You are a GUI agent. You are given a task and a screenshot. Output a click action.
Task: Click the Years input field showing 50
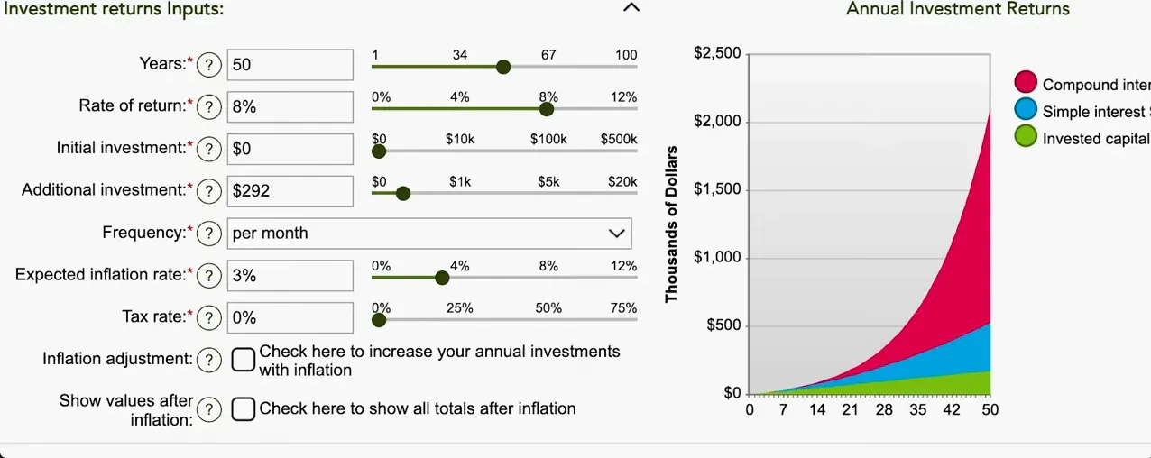(290, 65)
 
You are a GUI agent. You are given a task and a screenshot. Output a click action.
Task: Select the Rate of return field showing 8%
(290, 106)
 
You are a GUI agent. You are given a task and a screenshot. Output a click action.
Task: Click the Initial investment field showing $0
(290, 149)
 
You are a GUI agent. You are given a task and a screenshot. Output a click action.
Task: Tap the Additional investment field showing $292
(290, 190)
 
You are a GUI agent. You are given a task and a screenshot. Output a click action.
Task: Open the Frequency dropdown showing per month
(429, 233)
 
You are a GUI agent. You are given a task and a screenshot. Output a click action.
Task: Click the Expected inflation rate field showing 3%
(290, 275)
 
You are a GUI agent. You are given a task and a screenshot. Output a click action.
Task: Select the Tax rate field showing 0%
(290, 317)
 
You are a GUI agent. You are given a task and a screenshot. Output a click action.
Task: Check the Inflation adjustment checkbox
(244, 360)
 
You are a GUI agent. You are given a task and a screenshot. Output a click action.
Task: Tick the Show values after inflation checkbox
(244, 409)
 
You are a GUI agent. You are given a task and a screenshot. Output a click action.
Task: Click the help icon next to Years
(209, 65)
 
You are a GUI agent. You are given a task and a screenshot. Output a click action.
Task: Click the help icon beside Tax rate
(209, 317)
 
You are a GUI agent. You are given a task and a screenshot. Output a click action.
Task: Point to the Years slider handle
(503, 67)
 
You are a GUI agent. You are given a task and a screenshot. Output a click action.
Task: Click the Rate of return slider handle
(546, 109)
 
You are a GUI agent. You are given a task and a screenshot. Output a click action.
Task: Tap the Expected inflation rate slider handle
(442, 278)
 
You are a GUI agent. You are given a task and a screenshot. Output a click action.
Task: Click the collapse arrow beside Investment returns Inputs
(631, 8)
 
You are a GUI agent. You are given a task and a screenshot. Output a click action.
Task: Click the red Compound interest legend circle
(1026, 83)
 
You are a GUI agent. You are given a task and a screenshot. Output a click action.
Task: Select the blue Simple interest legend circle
(1026, 110)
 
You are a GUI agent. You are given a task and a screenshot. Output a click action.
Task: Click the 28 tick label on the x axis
(884, 410)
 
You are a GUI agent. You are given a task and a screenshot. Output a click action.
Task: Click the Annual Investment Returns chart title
(957, 9)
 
